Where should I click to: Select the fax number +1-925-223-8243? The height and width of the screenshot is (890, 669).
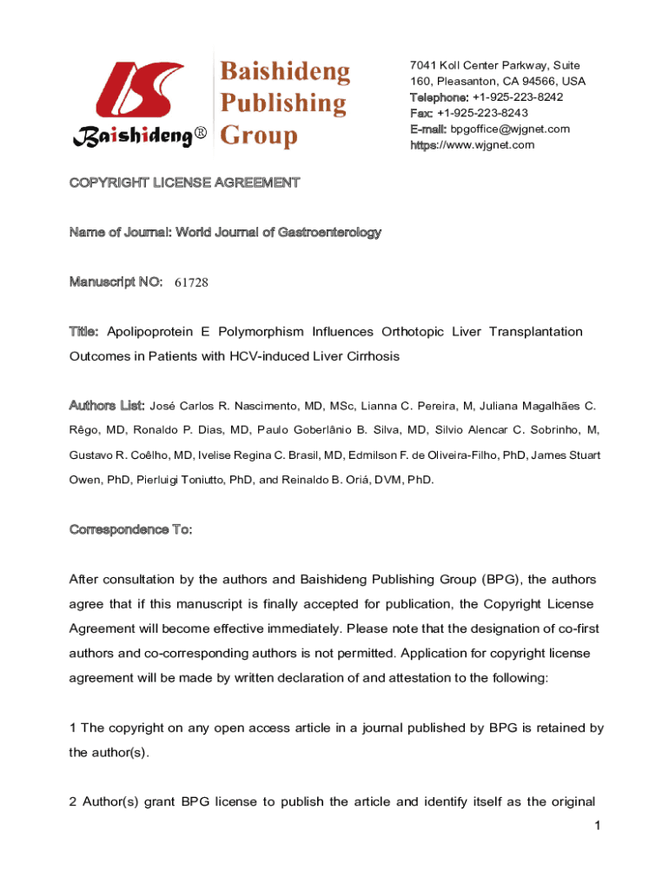(482, 113)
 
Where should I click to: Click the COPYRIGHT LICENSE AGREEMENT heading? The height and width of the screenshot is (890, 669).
(185, 183)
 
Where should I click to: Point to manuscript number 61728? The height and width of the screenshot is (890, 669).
(191, 282)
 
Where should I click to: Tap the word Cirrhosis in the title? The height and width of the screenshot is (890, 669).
(371, 356)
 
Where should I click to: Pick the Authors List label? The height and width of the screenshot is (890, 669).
(107, 405)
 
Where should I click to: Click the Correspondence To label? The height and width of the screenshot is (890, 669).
(130, 529)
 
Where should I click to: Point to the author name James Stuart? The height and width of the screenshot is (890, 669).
(566, 455)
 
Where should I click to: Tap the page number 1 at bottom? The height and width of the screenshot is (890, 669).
(599, 825)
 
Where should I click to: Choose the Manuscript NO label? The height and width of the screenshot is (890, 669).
(116, 282)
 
